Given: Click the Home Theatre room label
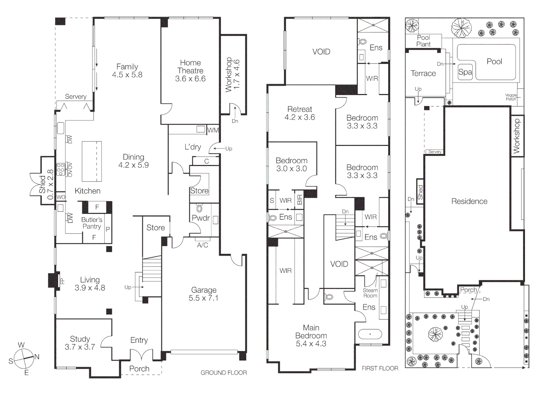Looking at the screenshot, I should point(190,71).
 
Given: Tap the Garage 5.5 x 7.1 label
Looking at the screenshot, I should point(204,294).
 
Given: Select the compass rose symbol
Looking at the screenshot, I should point(24,358).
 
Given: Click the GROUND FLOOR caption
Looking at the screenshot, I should point(224,373).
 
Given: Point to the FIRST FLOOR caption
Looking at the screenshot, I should point(380,368).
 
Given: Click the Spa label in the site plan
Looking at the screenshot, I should point(465,72).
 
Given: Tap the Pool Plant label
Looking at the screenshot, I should point(423,41).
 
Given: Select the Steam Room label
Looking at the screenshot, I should point(370,293).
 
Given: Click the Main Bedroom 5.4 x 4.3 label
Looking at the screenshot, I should point(311,336).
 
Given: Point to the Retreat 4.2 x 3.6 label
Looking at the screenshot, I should point(300,113).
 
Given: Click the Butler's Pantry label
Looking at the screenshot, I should point(91,223).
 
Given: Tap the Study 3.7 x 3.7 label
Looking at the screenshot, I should point(80,343).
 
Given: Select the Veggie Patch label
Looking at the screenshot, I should point(511,97).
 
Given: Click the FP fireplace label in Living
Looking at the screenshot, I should point(62,281).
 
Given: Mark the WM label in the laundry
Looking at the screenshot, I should point(213,130).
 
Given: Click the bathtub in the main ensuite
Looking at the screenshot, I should point(370,334).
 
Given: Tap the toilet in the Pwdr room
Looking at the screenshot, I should point(199,209).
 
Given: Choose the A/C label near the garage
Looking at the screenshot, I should point(203,245).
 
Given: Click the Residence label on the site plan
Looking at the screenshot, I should point(469,201).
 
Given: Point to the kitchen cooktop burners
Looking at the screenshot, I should point(61,169).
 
